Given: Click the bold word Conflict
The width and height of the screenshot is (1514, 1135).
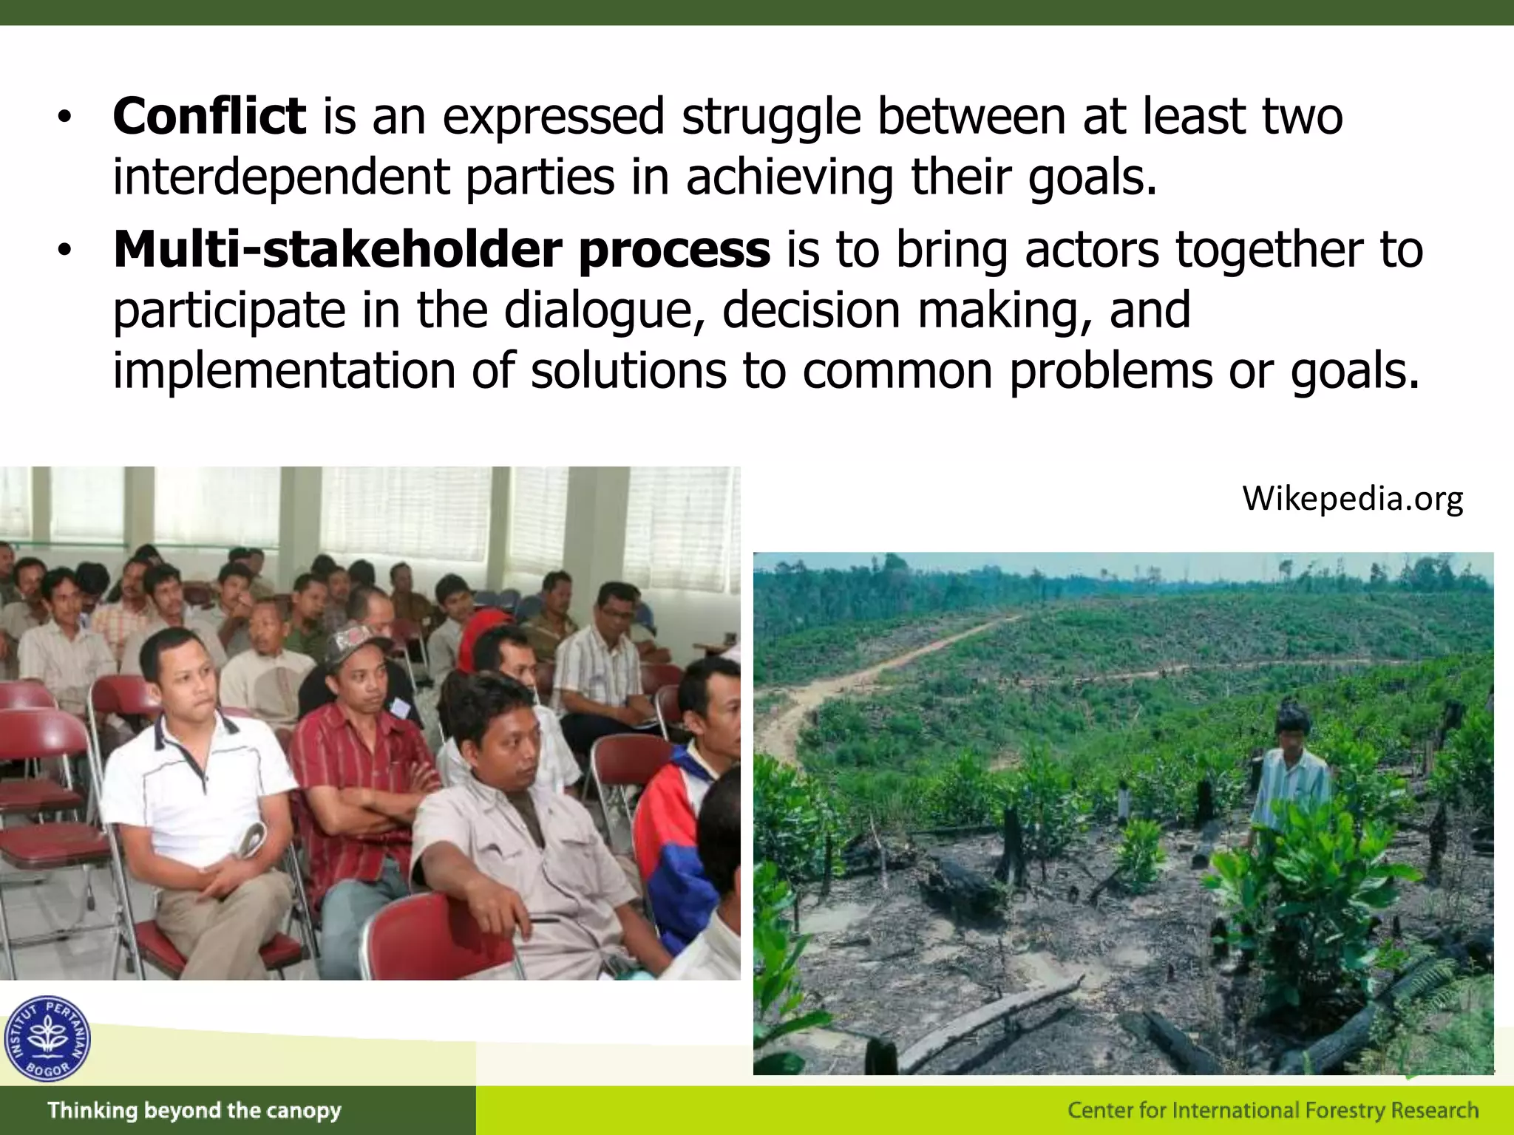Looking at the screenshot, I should [x=209, y=117].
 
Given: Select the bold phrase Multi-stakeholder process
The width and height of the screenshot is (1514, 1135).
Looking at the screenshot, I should [x=441, y=250].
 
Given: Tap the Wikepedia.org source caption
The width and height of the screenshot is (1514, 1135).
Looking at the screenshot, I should [x=1352, y=499].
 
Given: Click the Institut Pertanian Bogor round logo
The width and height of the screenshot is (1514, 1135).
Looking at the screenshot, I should [x=47, y=1038].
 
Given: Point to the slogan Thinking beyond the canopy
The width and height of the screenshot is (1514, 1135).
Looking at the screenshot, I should [x=194, y=1111].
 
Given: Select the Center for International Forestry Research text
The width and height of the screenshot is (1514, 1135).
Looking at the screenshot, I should [x=1273, y=1111].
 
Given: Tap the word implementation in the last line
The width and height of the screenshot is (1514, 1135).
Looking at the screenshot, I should [x=284, y=371].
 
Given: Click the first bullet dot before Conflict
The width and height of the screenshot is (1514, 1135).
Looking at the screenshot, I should [x=65, y=118].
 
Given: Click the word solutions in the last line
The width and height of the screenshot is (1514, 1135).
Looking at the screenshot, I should [x=628, y=371].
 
